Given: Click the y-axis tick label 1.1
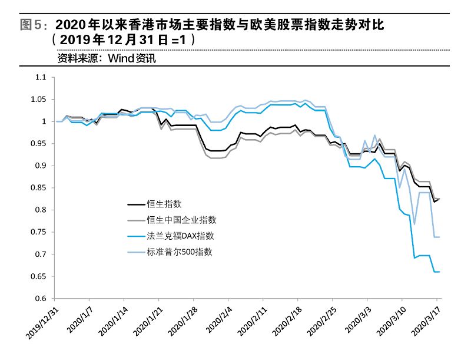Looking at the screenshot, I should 40,77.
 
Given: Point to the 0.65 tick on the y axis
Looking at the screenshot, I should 38,276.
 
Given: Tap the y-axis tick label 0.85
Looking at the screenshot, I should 38,188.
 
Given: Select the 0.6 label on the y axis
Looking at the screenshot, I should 40,299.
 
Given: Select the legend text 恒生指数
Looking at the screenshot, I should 165,204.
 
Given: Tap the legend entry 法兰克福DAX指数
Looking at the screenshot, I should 180,236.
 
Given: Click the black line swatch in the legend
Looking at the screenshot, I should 136,204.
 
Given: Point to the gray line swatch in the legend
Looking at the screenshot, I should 136,220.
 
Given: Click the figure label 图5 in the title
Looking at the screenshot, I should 31,25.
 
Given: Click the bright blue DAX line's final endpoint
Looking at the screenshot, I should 439,272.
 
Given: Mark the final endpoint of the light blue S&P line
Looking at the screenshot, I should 439,237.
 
